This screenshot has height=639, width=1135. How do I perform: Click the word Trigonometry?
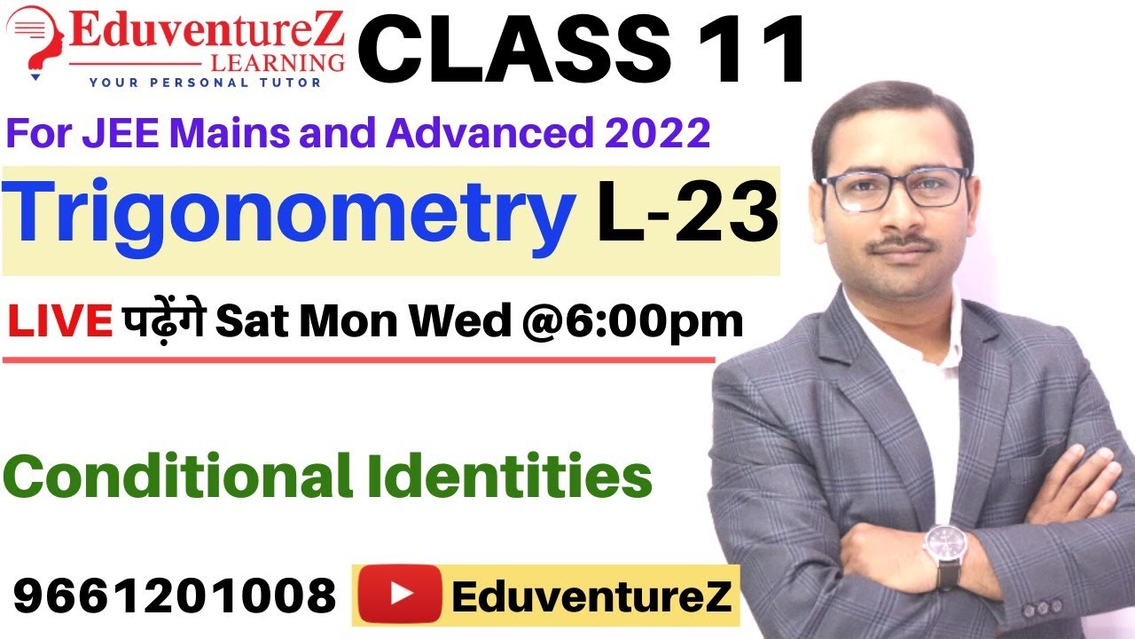[288, 216]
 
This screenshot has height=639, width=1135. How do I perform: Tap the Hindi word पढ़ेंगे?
[165, 322]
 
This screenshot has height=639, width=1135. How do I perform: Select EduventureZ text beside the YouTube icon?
[591, 596]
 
